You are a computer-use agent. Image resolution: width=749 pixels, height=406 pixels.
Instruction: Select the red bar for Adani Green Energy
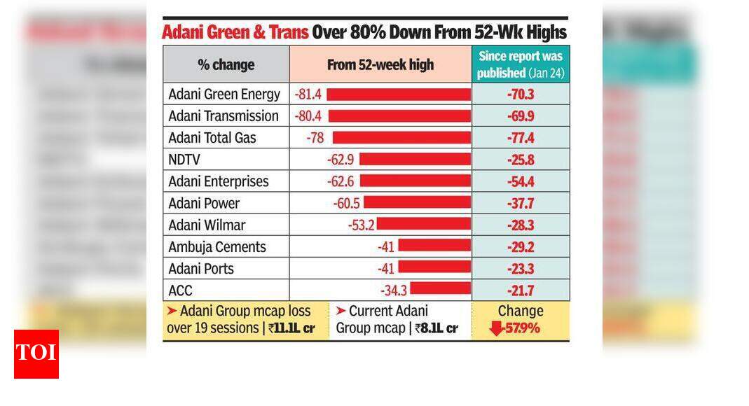(399, 94)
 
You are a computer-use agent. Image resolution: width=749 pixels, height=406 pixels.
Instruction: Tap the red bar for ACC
(441, 290)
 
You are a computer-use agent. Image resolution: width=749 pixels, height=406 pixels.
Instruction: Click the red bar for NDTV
(415, 160)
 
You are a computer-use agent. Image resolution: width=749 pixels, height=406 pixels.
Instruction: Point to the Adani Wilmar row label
(207, 225)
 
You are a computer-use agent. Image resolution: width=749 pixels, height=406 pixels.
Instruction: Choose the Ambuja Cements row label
(217, 247)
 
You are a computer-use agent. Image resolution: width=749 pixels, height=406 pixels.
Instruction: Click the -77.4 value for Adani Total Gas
(521, 138)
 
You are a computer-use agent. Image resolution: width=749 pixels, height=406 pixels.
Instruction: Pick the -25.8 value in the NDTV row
(521, 160)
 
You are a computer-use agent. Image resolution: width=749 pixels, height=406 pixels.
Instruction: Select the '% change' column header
(226, 65)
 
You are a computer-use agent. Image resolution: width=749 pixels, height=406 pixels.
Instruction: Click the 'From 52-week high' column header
(380, 65)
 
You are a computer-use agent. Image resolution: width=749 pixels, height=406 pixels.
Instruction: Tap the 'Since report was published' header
(521, 64)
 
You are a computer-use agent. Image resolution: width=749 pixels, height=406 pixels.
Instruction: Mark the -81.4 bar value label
(308, 94)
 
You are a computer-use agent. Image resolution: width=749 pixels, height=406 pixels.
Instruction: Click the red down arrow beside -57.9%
(497, 328)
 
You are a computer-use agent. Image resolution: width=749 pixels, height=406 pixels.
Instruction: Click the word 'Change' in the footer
(520, 311)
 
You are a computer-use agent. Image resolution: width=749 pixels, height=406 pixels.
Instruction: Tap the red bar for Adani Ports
(434, 268)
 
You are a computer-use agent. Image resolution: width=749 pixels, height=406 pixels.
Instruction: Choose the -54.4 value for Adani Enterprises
(521, 181)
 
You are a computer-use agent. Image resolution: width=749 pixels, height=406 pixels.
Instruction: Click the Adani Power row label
(204, 203)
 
